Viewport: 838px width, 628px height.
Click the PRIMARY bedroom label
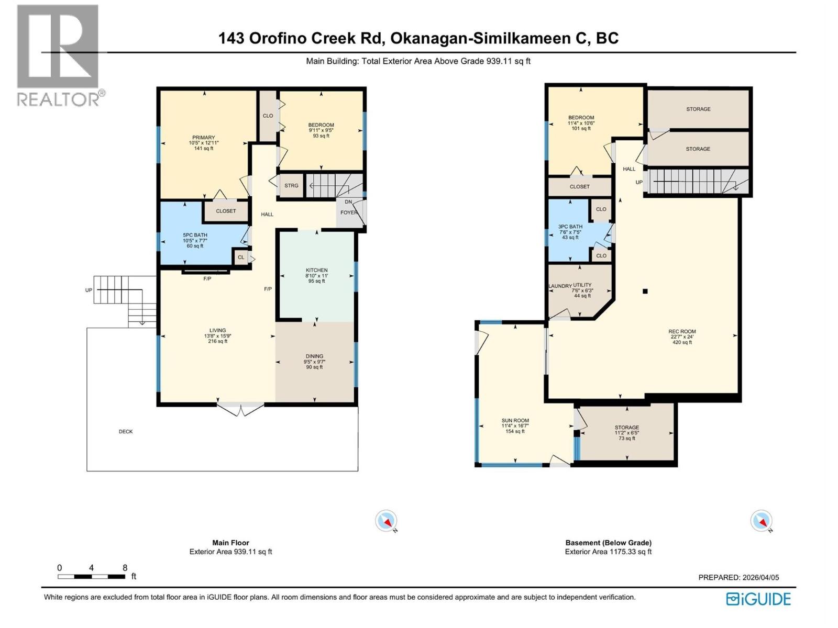point(204,138)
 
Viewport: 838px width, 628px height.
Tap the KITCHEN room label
point(316,271)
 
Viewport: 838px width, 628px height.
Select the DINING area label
point(314,356)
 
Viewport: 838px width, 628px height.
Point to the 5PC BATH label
point(195,235)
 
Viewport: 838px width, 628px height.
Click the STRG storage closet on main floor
point(291,186)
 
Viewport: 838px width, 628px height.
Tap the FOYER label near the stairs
point(349,212)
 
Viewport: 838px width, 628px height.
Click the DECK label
point(126,432)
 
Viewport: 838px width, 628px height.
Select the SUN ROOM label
point(515,421)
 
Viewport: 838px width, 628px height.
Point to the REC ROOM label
point(682,331)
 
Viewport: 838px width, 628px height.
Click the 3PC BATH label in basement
point(570,227)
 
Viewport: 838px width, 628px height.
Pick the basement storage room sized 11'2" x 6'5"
point(626,432)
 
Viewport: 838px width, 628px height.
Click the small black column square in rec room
point(645,291)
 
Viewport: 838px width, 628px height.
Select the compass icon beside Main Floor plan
point(387,521)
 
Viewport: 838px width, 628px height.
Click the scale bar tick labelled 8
point(125,568)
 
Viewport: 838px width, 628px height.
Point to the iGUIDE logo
point(758,599)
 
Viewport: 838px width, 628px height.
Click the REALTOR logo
point(59,55)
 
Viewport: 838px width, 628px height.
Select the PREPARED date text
point(738,577)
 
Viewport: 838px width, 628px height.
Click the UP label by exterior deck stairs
point(89,290)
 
